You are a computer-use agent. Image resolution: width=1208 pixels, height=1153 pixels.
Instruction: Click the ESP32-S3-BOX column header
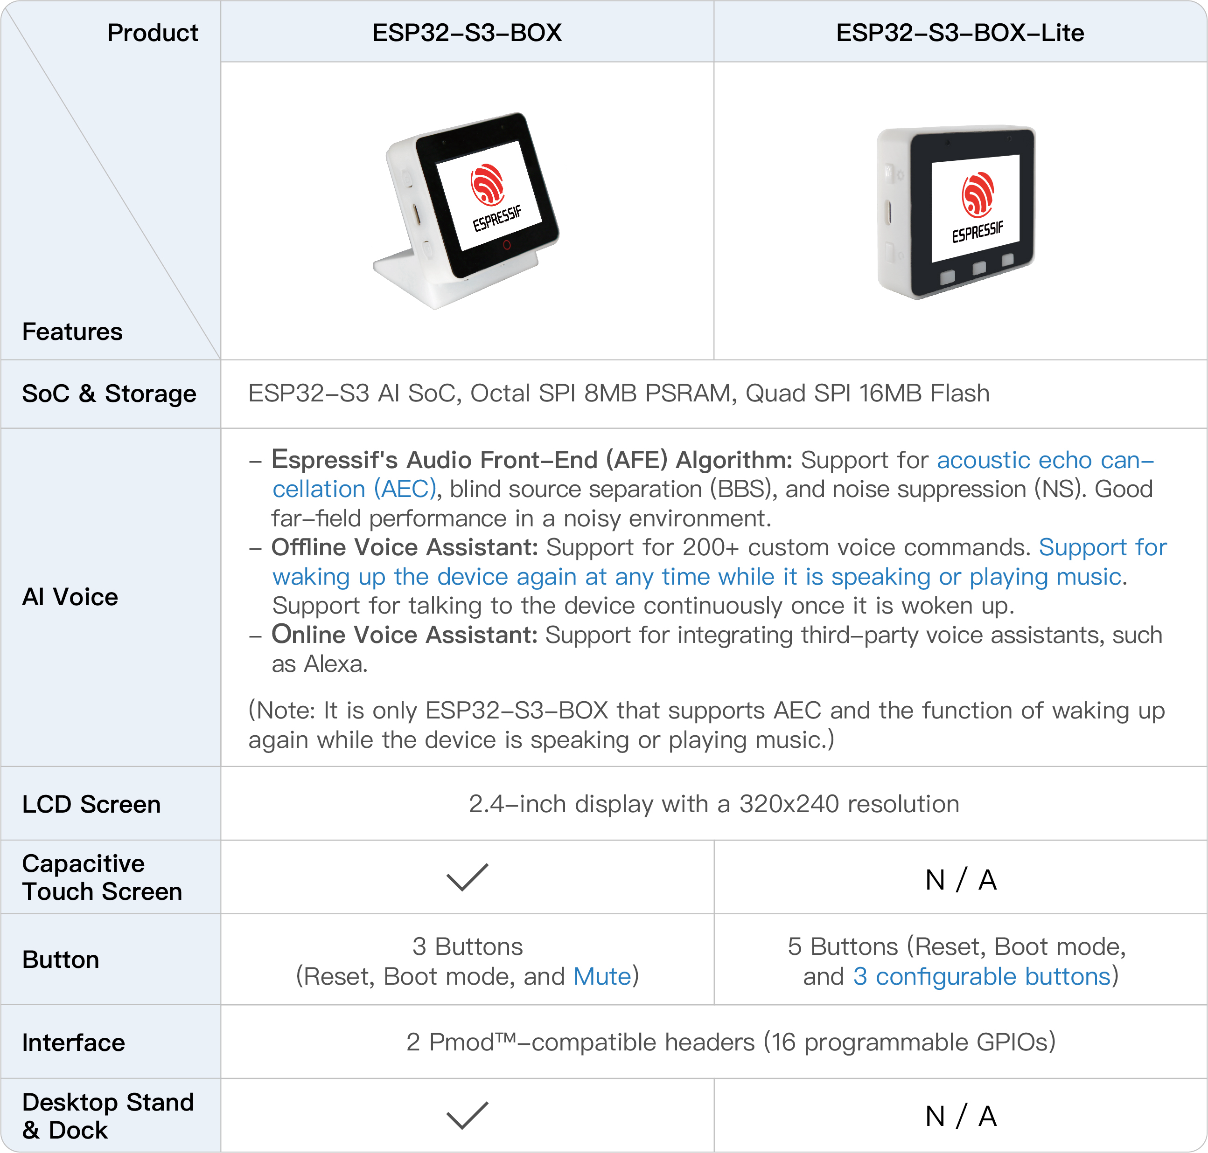coord(467,33)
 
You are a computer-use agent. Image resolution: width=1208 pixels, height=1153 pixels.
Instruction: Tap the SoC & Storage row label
coord(109,394)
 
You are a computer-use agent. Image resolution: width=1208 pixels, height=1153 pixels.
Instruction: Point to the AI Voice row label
coord(70,597)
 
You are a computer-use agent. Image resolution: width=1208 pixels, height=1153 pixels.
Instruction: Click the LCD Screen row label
coord(91,804)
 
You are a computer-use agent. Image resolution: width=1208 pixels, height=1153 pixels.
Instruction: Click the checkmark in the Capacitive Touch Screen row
coord(467,877)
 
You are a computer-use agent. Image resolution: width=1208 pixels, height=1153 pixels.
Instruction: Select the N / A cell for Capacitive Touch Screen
coord(960,879)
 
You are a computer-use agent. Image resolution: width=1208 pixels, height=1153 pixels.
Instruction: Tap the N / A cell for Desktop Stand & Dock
coord(960,1116)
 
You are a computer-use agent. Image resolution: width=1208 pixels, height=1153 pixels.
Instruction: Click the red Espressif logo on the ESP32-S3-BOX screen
coord(488,184)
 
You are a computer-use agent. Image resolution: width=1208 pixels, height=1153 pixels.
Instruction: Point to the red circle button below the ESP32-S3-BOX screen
coord(506,245)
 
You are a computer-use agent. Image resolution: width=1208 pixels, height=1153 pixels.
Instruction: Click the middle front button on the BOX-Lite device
coord(978,268)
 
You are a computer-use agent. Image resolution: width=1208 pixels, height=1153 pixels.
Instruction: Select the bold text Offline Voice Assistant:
coord(405,547)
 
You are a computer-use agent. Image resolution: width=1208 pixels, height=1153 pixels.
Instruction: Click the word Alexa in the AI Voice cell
coord(335,664)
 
